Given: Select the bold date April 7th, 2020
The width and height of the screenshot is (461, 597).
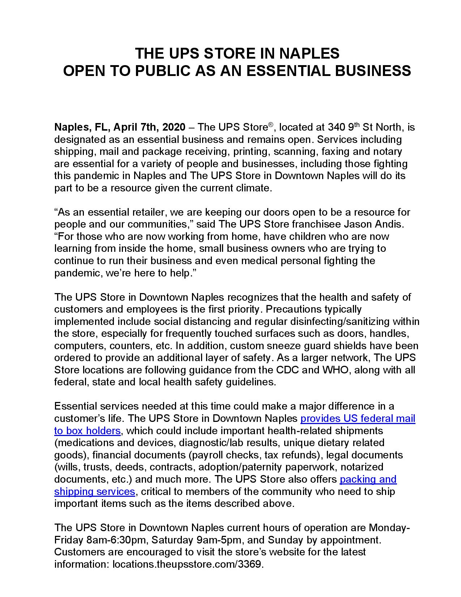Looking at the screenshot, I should tap(149, 127).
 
